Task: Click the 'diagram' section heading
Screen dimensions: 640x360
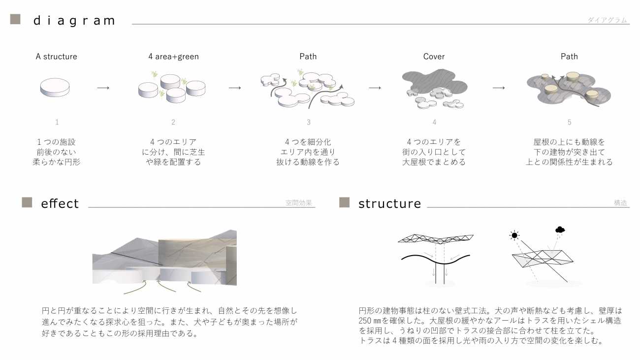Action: (74, 21)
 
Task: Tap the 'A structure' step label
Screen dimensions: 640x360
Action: (56, 57)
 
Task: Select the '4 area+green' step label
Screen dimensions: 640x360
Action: (173, 57)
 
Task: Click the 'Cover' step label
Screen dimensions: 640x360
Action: (434, 57)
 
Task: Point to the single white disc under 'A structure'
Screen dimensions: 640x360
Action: (55, 88)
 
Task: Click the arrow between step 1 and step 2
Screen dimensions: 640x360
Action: (103, 88)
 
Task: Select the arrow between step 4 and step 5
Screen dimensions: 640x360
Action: (499, 88)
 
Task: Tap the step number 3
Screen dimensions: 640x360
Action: (309, 122)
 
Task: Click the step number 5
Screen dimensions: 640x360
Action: (570, 122)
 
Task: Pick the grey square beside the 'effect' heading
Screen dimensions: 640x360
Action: (27, 202)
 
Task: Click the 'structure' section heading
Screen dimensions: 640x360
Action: (390, 204)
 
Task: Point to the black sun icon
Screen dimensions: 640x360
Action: (514, 235)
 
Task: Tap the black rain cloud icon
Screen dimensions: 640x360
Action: (560, 229)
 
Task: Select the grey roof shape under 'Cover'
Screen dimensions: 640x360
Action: (434, 83)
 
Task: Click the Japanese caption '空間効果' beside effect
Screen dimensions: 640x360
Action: (298, 202)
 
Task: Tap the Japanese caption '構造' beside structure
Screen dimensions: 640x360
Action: (620, 203)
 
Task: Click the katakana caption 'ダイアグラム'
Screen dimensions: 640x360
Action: (607, 20)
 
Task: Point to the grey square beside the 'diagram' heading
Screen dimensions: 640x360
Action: (15, 19)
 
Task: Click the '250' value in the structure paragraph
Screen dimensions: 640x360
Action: (365, 321)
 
